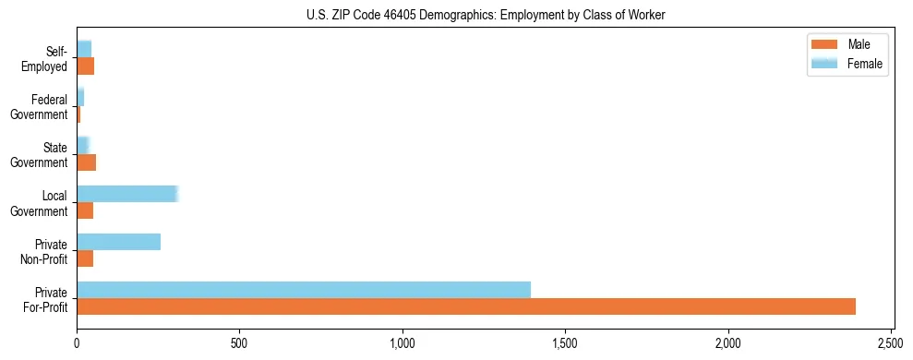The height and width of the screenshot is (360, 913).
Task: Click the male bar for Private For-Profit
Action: point(466,306)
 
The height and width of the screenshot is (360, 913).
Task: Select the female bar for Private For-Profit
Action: point(304,290)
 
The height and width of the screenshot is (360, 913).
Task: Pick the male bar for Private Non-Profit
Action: point(85,258)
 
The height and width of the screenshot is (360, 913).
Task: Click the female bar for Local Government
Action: point(126,194)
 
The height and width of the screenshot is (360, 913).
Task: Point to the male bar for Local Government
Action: point(85,210)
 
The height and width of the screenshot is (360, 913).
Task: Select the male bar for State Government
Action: point(86,162)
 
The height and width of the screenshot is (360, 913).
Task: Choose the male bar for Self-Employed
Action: point(85,66)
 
